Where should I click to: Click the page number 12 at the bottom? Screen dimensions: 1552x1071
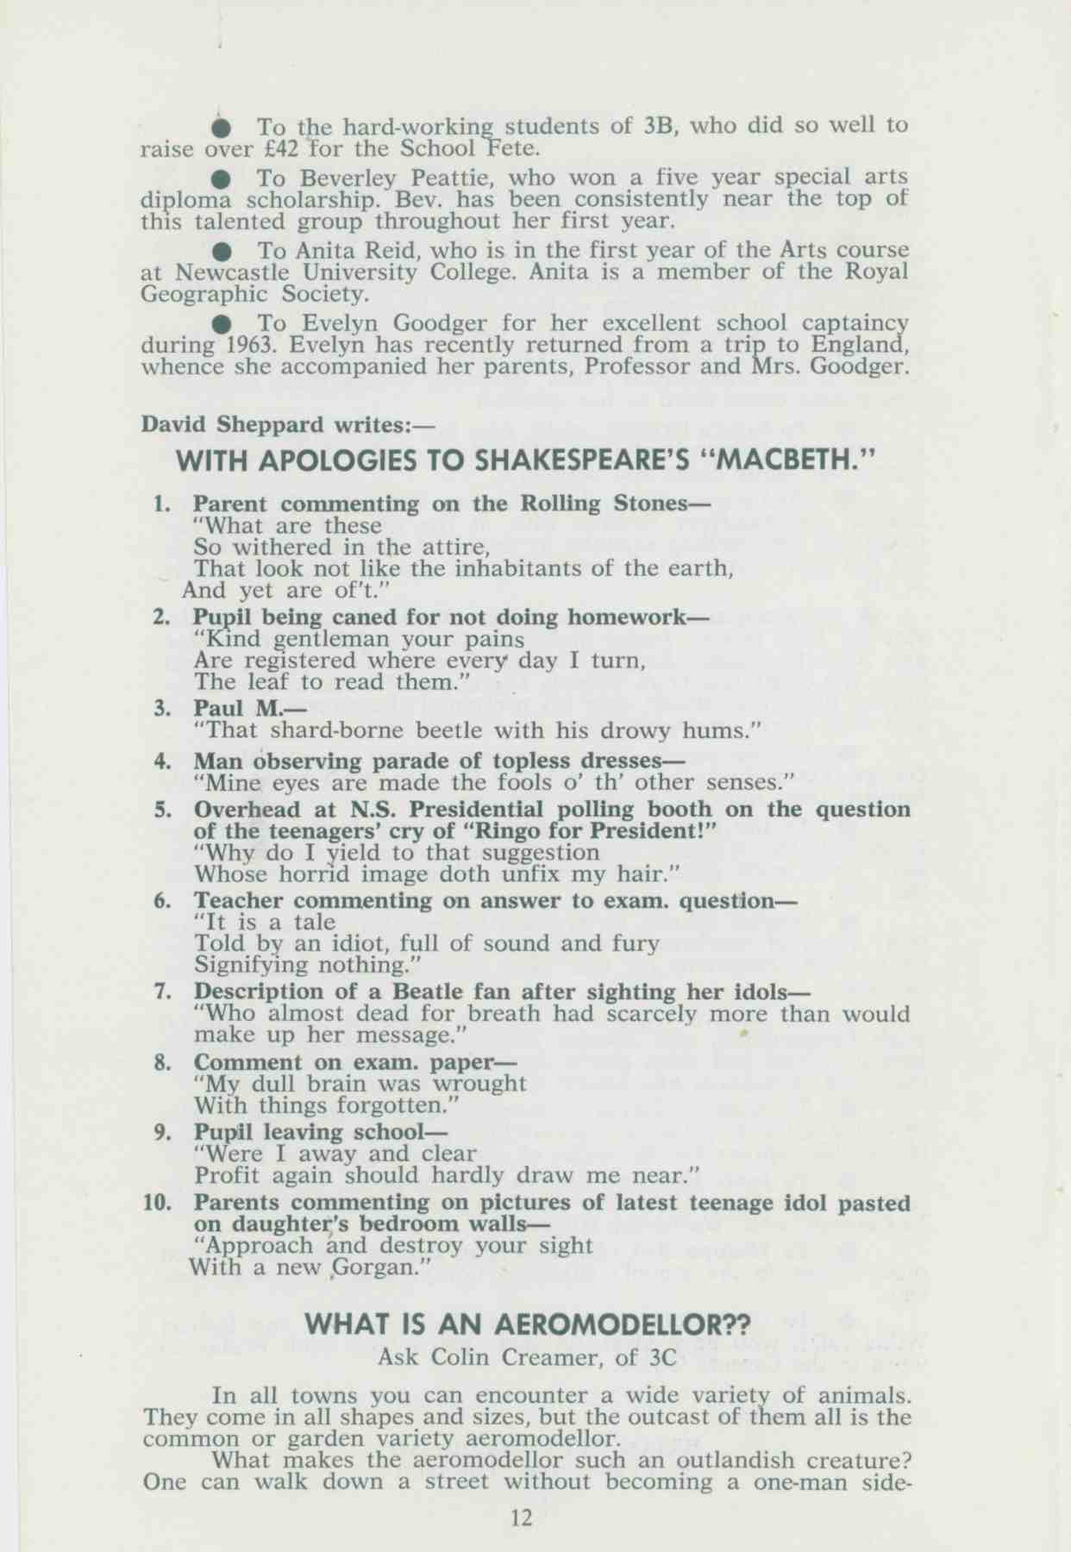pyautogui.click(x=522, y=1518)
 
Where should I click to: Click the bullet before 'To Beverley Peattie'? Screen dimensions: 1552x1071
pyautogui.click(x=222, y=178)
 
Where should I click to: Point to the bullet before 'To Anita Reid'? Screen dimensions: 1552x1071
pyautogui.click(x=222, y=251)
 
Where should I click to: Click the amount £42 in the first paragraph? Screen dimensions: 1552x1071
pyautogui.click(x=281, y=148)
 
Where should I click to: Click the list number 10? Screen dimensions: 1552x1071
pyautogui.click(x=157, y=1203)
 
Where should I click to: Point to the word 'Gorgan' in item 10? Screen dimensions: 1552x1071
pyautogui.click(x=375, y=1268)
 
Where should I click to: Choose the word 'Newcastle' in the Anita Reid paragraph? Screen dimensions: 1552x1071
pyautogui.click(x=226, y=273)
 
